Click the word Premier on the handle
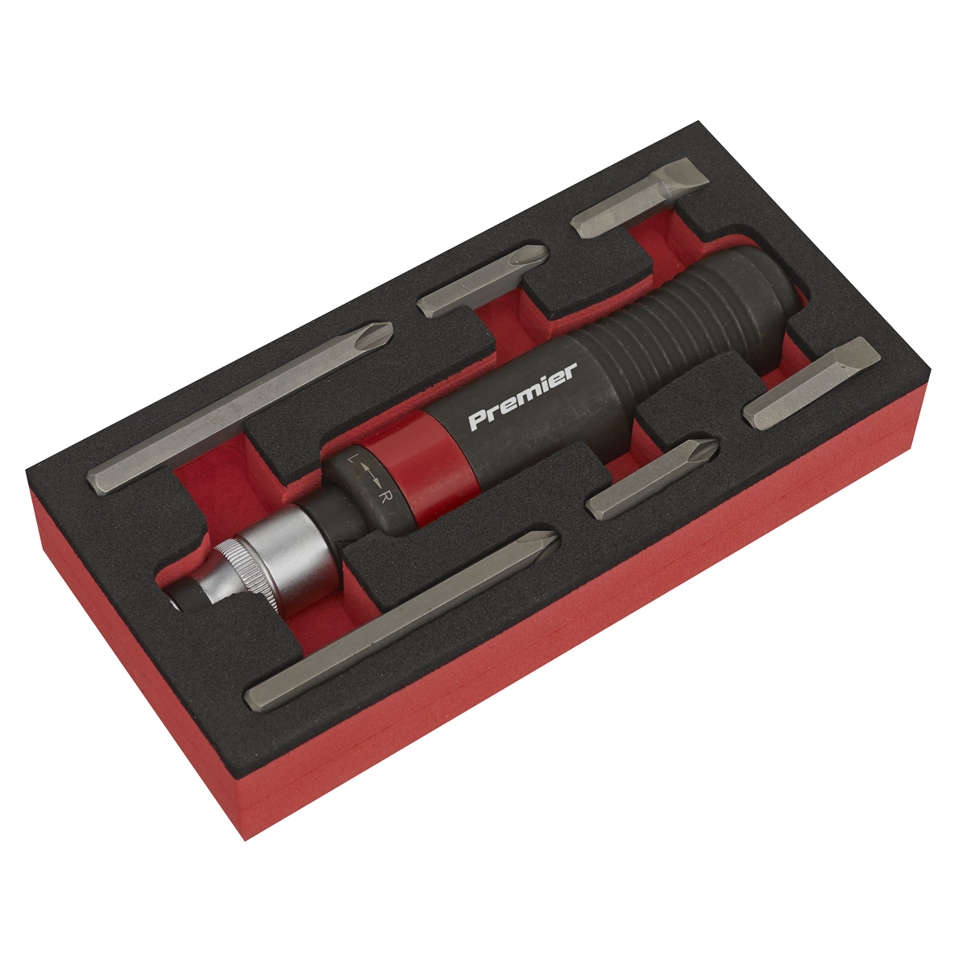coord(522,397)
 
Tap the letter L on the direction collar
coord(352,460)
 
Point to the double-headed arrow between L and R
coord(368,478)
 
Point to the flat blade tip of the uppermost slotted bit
coord(693,174)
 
